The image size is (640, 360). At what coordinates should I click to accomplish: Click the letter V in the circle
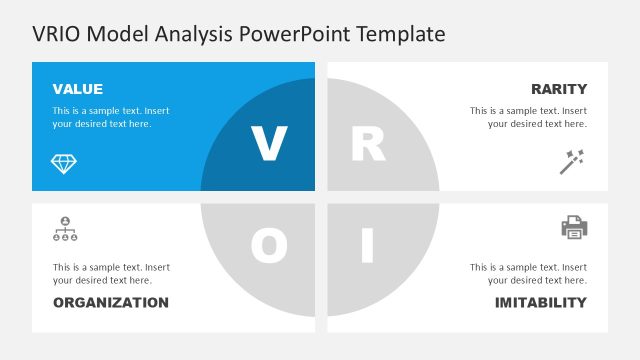(268, 145)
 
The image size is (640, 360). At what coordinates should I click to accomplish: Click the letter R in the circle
(368, 145)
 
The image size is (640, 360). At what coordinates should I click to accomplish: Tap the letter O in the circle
(268, 245)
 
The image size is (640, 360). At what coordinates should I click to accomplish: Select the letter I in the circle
(367, 245)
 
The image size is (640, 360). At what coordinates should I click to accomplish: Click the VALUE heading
(77, 89)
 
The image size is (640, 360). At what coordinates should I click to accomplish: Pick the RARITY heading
(559, 89)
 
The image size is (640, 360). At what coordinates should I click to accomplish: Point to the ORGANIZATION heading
(110, 302)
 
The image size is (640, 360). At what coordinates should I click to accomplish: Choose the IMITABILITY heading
(541, 302)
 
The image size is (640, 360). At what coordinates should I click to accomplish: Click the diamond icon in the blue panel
(64, 162)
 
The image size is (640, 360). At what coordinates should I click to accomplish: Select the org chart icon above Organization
(64, 229)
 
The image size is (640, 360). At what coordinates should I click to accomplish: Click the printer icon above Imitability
(574, 228)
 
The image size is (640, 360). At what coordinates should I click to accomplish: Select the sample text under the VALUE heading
(110, 117)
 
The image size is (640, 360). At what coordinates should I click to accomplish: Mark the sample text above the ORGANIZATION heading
(110, 274)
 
